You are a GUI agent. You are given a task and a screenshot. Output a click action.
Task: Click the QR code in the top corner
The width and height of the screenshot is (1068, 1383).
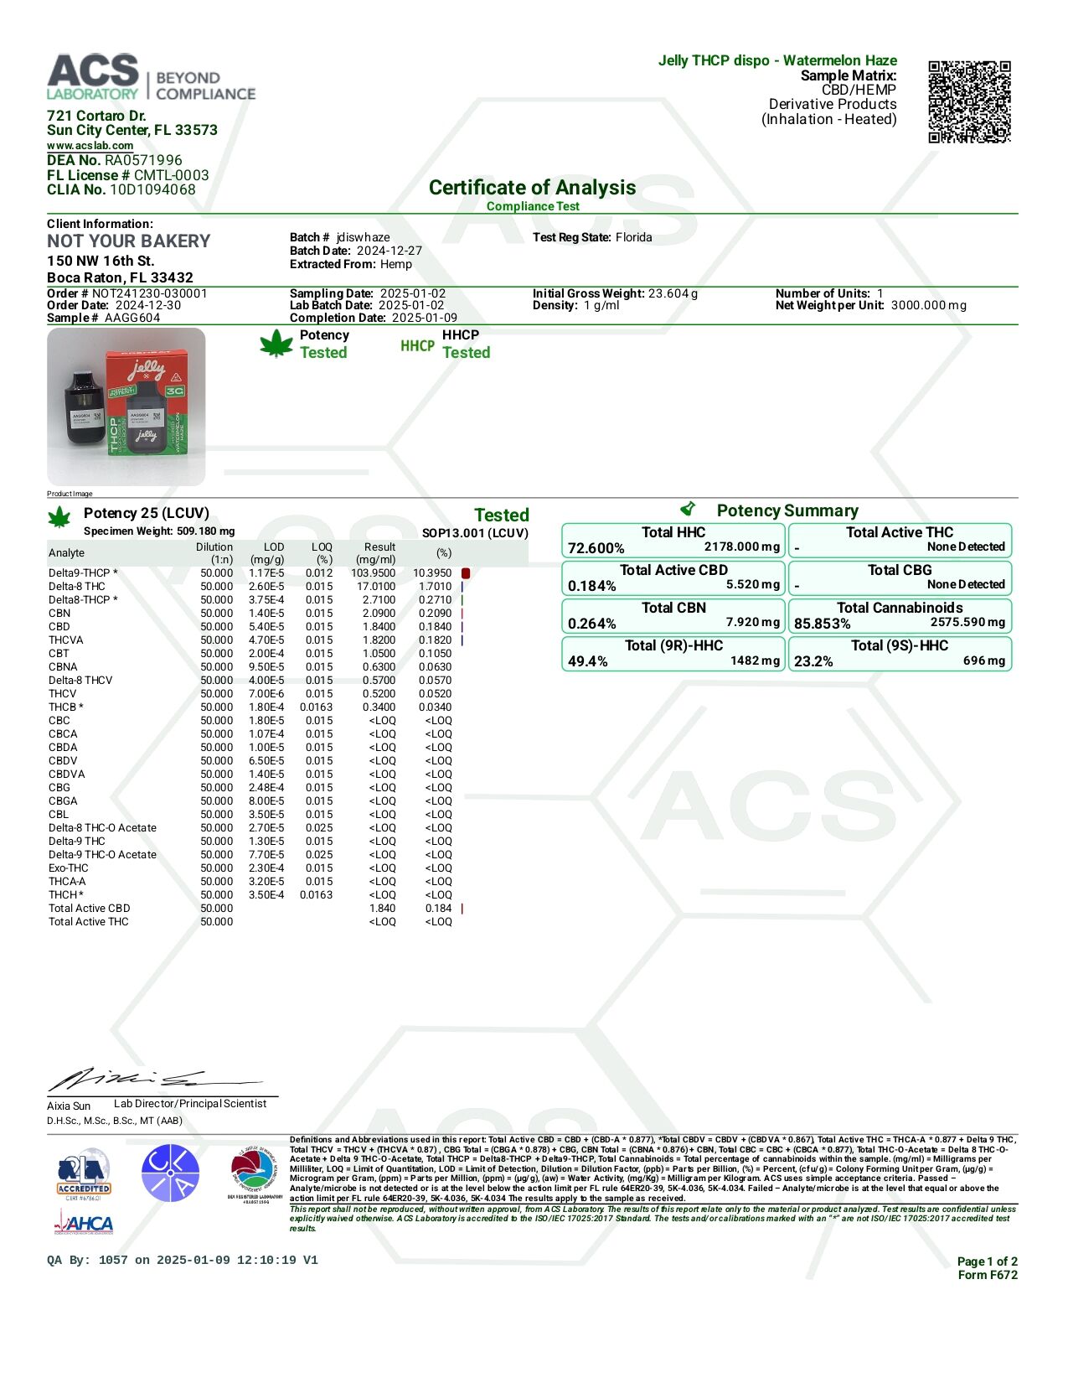[969, 101]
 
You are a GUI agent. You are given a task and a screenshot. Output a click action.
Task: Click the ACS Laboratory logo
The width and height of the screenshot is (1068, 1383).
[151, 78]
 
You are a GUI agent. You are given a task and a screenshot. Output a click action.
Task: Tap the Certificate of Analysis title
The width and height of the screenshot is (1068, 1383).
[532, 188]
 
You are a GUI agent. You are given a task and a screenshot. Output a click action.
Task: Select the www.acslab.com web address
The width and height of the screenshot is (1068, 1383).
[90, 146]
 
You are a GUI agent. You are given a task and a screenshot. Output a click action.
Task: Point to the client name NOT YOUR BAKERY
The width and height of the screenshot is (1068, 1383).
[129, 241]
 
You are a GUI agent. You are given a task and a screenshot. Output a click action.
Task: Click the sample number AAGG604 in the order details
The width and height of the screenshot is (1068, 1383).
[132, 318]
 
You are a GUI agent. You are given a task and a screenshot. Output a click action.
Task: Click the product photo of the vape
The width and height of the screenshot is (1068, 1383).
[126, 407]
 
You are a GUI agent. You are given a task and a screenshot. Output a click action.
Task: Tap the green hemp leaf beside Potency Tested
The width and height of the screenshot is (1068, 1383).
[276, 344]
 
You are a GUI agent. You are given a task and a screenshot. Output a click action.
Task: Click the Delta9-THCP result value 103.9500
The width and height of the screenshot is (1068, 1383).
[373, 573]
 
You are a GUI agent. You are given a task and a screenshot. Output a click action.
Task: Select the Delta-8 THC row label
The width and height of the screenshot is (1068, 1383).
[77, 587]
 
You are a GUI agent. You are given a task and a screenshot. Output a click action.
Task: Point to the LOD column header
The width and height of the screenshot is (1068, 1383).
[274, 547]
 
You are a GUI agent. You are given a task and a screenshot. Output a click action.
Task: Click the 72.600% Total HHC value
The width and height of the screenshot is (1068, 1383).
[596, 548]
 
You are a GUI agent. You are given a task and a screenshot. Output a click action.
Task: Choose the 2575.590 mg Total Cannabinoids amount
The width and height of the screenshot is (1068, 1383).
[967, 622]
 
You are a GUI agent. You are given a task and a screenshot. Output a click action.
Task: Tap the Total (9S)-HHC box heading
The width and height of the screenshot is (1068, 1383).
[900, 645]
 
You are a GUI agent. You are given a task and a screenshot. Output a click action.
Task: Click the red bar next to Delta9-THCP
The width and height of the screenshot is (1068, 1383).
[466, 573]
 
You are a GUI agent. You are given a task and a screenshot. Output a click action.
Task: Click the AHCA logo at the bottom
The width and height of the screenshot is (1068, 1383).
[84, 1225]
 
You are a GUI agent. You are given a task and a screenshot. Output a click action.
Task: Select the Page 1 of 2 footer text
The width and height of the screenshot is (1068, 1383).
[987, 1261]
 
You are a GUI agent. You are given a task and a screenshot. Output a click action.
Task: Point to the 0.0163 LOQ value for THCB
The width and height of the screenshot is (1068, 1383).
[316, 707]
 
